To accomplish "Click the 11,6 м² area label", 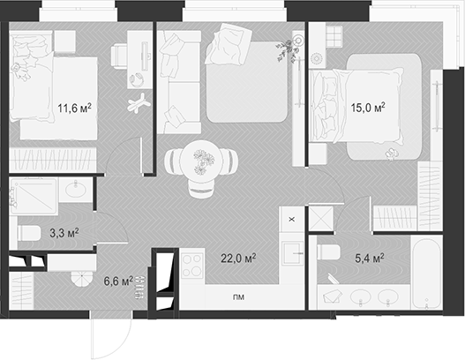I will (75, 109).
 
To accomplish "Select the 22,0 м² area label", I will (238, 259).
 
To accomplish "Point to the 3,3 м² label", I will (64, 234).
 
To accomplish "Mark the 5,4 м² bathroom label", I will (368, 259).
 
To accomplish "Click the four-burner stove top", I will (192, 264).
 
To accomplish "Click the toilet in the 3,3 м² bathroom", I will (28, 234).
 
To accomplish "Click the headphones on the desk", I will (137, 79).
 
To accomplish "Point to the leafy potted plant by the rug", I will (284, 50).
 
